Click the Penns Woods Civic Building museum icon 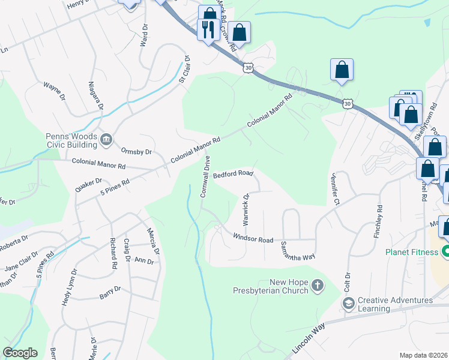(x=106, y=140)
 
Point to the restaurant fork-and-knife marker (x=208, y=29)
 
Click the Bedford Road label (x=233, y=175)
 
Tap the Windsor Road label (x=253, y=239)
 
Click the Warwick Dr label (x=246, y=205)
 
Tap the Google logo (x=20, y=353)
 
